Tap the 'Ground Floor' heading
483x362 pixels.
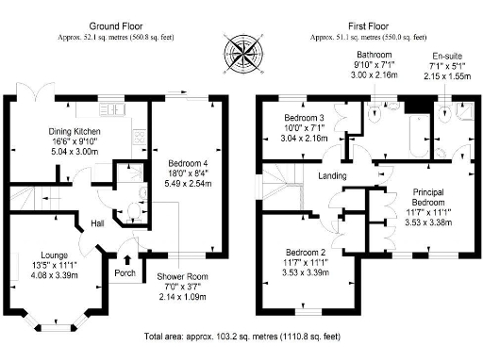point(116,25)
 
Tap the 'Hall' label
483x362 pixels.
point(97,223)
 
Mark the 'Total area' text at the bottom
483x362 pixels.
point(241,337)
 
